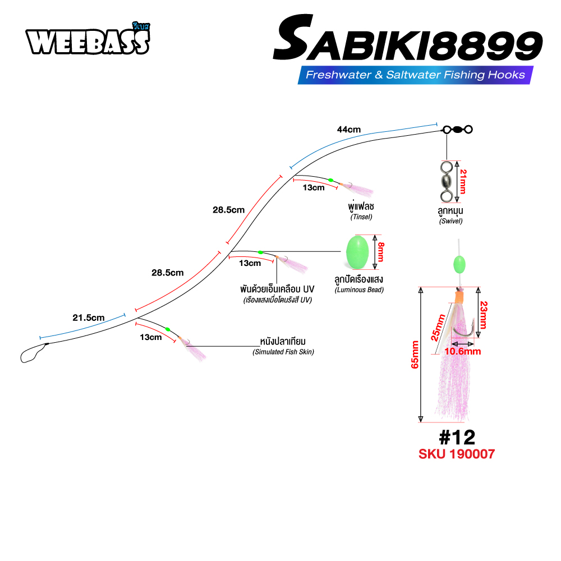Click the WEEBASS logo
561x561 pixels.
[x=88, y=39]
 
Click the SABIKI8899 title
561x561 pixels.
[x=408, y=38]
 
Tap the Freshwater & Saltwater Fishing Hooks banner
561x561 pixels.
[x=415, y=75]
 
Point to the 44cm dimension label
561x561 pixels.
[x=349, y=130]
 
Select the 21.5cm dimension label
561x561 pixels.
[x=89, y=318]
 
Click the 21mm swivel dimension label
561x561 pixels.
[x=463, y=182]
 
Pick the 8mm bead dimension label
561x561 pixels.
[x=381, y=252]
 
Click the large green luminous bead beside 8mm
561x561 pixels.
[x=357, y=252]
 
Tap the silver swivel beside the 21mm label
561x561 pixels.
[x=447, y=182]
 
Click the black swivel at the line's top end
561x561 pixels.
[x=458, y=130]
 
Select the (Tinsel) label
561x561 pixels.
[x=361, y=217]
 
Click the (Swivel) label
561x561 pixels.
[x=451, y=221]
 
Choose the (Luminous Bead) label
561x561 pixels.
[x=359, y=290]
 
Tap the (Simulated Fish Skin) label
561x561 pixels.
[x=283, y=352]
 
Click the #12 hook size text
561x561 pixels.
[x=457, y=437]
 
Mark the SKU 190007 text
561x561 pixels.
[x=457, y=454]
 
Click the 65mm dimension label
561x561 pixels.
[x=415, y=355]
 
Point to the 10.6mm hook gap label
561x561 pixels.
[x=463, y=351]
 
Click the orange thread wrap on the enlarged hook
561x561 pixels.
[x=458, y=296]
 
